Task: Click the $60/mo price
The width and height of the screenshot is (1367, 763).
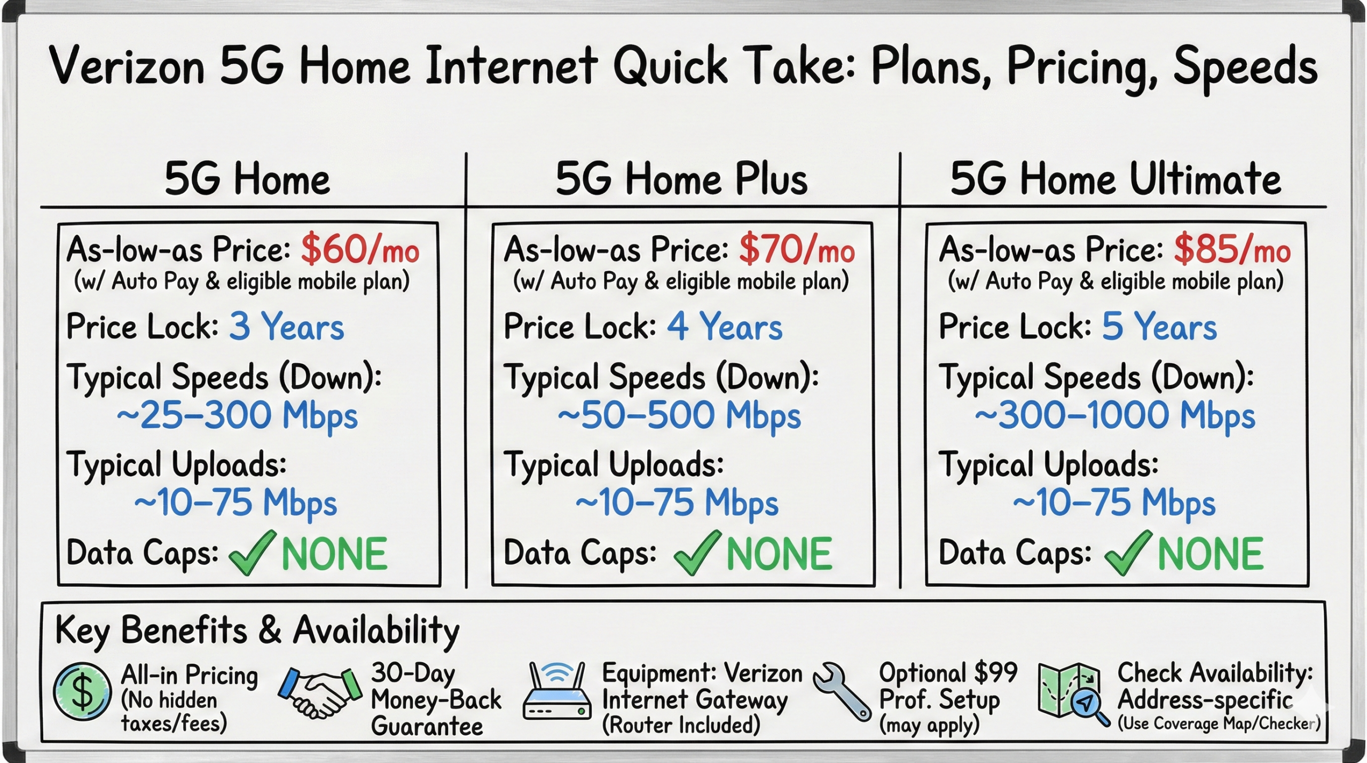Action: click(360, 250)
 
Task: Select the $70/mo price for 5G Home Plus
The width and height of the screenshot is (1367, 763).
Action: click(797, 250)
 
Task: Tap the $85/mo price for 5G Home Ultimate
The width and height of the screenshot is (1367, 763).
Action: click(1232, 250)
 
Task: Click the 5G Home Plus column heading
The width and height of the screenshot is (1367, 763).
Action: click(681, 179)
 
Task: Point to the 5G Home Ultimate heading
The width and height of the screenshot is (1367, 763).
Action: click(1115, 179)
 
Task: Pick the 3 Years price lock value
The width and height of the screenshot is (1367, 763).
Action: click(286, 326)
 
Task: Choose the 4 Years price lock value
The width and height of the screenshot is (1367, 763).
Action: click(724, 326)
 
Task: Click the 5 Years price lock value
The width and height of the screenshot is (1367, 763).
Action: click(1159, 326)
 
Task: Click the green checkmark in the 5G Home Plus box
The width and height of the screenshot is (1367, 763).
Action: click(697, 553)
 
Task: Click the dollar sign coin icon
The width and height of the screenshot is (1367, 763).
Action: click(82, 692)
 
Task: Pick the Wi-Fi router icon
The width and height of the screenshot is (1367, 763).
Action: click(557, 692)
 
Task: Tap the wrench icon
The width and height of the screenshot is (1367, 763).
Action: click(842, 692)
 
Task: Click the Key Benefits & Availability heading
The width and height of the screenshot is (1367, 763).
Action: click(257, 630)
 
